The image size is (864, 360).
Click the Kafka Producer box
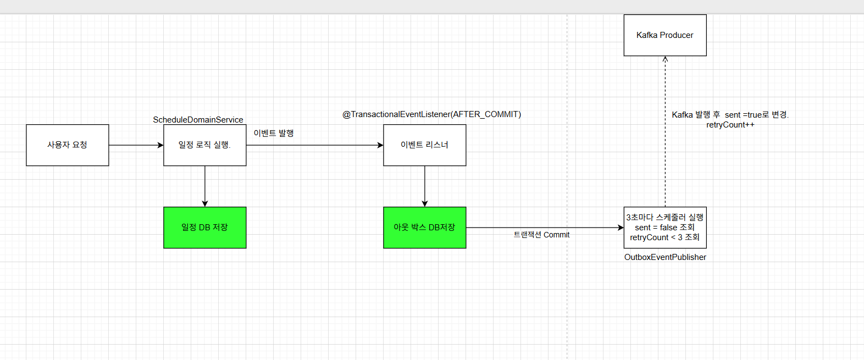[x=665, y=35]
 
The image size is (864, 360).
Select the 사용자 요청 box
[x=67, y=145]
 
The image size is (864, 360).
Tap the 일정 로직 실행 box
[x=204, y=145]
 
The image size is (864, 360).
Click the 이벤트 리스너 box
[x=424, y=145]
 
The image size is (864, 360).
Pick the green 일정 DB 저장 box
[x=204, y=228]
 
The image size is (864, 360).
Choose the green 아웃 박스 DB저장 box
[x=424, y=228]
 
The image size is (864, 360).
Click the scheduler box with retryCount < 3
[x=665, y=228]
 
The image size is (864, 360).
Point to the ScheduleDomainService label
[x=198, y=120]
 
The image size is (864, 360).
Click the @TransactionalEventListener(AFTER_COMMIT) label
[x=431, y=114]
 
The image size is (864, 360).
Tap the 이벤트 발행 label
[x=274, y=133]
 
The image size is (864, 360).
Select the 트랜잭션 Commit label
[x=541, y=235]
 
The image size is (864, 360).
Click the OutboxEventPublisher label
[x=665, y=257]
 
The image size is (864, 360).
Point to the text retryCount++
[x=730, y=125]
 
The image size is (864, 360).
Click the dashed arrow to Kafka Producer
[x=665, y=132]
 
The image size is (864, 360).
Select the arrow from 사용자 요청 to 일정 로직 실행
[x=136, y=145]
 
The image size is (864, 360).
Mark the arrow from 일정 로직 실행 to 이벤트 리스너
[x=314, y=145]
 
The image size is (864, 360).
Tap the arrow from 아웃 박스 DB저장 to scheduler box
[x=544, y=228]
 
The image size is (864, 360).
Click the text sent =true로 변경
[x=757, y=115]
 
